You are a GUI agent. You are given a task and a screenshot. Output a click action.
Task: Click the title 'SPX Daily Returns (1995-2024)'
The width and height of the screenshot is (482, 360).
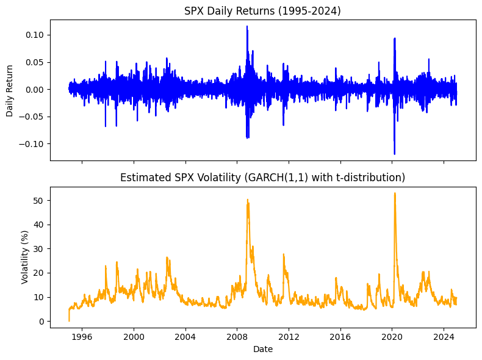click(x=262, y=11)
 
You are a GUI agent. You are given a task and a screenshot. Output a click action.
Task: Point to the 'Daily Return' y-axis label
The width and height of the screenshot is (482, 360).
click(x=10, y=91)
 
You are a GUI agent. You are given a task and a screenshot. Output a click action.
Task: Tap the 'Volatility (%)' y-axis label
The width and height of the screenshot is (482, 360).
click(x=24, y=257)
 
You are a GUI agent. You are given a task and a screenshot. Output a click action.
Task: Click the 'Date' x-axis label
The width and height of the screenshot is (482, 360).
click(x=263, y=349)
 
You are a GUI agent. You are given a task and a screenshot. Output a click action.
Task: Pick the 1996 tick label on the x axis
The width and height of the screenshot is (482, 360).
click(x=82, y=337)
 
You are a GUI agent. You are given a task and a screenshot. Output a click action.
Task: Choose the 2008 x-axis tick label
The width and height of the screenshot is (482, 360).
click(x=237, y=337)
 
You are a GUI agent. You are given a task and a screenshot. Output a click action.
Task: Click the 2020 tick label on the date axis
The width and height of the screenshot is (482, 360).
click(x=392, y=337)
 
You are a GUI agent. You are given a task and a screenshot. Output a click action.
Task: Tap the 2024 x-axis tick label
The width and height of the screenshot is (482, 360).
click(x=444, y=337)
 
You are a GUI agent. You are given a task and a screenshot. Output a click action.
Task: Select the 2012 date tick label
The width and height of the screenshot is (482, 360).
click(x=289, y=337)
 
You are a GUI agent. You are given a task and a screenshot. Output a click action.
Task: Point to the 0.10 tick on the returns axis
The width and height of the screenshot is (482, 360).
click(x=35, y=35)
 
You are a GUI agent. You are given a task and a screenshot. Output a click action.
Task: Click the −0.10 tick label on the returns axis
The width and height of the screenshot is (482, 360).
click(x=31, y=144)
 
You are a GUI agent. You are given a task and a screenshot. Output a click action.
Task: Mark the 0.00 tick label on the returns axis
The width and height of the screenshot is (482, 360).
click(x=35, y=90)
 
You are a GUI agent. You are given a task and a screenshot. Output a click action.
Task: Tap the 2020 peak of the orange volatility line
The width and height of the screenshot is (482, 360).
click(x=395, y=193)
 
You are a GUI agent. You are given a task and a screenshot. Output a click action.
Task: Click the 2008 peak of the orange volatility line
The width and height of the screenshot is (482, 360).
click(x=248, y=200)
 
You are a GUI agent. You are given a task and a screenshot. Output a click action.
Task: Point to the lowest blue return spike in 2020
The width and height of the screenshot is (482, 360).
click(x=394, y=154)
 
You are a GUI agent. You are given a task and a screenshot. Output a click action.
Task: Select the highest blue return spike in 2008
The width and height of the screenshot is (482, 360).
click(x=247, y=26)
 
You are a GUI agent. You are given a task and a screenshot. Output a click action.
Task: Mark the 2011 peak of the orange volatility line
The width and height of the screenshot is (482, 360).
click(x=284, y=254)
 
